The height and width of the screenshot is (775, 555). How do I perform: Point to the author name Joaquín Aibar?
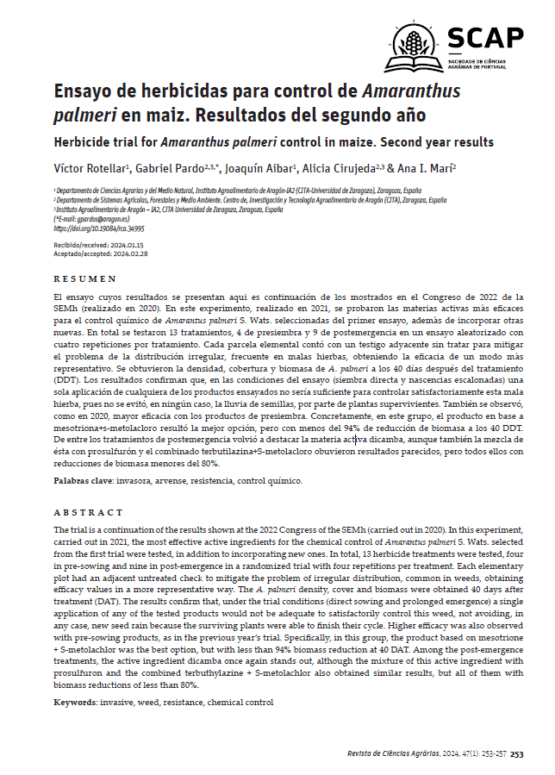tap(260, 167)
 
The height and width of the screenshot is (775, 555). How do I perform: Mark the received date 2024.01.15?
tap(120, 246)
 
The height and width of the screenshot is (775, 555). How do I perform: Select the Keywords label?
tap(76, 703)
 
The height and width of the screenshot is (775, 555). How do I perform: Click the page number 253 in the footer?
tap(516, 753)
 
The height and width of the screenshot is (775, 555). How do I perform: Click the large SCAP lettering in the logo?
tap(485, 38)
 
